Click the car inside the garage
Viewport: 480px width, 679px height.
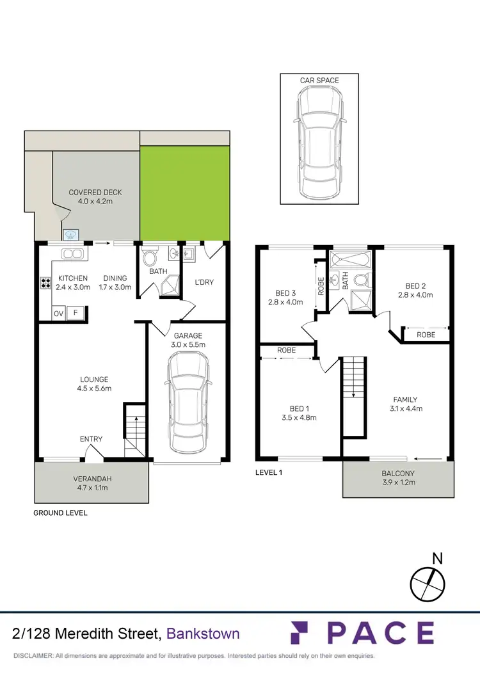188,403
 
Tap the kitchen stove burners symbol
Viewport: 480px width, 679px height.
46,282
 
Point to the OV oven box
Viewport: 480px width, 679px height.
58,313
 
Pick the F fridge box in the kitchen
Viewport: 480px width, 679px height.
76,313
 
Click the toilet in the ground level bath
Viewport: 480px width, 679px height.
149,259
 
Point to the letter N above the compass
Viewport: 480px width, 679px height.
437,558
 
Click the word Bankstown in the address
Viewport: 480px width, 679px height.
203,634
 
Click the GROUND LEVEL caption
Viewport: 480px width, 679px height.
60,513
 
